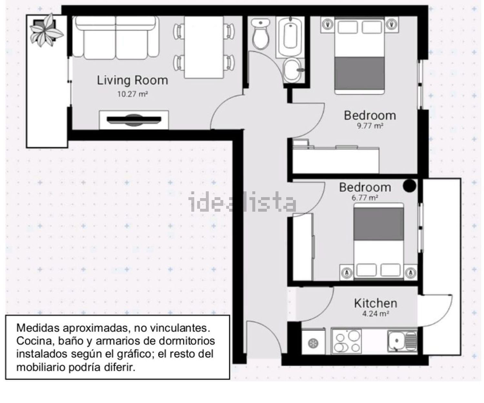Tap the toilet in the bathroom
(x=261, y=34)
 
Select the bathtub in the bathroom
(x=290, y=37)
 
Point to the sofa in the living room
(x=116, y=37)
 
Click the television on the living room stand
(x=134, y=120)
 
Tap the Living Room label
(x=132, y=80)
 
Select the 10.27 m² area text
(x=132, y=94)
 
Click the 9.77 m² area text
(x=370, y=126)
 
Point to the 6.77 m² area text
(x=365, y=198)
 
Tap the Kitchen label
(x=376, y=303)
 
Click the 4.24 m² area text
(x=376, y=314)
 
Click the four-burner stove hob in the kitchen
(x=347, y=341)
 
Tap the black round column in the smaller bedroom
(x=409, y=186)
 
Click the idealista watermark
(x=243, y=202)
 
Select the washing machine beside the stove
(x=313, y=341)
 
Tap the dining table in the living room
(x=204, y=47)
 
